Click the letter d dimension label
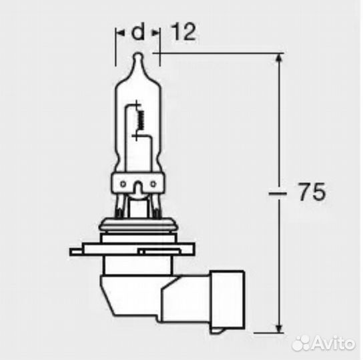(x=138, y=32)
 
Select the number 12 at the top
(x=183, y=32)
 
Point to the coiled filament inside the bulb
(x=141, y=120)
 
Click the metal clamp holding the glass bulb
(x=137, y=184)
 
